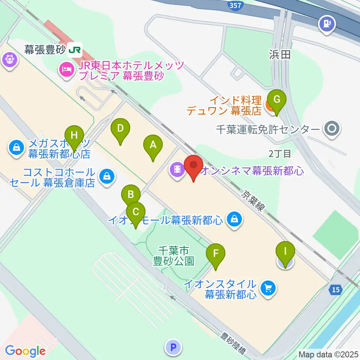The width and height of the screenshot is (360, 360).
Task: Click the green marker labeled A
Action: click(x=153, y=144)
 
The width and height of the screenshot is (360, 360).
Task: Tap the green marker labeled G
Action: click(x=277, y=99)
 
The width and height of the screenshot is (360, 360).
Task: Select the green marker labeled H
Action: click(x=74, y=135)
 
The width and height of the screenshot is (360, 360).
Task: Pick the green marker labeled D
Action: click(x=120, y=128)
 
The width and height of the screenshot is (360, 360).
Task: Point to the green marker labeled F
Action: click(x=216, y=253)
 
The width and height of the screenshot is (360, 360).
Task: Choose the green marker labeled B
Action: click(x=131, y=195)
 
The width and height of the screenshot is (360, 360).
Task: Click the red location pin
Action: click(x=193, y=165)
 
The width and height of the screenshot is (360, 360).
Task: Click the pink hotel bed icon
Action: click(x=66, y=69)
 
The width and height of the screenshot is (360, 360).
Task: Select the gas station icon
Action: click(x=326, y=24)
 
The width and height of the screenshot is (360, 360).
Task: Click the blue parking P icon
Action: click(x=173, y=347)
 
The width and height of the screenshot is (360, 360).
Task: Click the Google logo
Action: click(x=25, y=351)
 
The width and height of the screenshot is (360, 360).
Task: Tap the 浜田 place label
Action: click(x=280, y=55)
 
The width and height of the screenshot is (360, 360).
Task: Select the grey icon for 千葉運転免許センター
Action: click(x=332, y=129)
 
